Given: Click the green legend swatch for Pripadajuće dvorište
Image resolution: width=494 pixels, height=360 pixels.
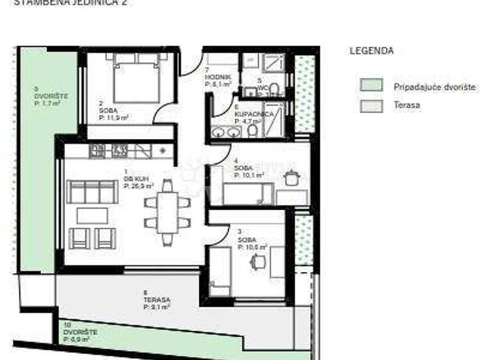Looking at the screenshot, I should tap(371, 85).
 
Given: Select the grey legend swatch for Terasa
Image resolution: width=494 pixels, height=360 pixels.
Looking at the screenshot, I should tap(371, 106).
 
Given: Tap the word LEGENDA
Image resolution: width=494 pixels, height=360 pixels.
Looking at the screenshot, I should tap(372, 51).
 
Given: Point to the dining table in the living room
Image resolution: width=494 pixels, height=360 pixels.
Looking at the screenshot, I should tap(167, 212).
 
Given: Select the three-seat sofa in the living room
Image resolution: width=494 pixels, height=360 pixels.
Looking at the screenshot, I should tap(93, 192).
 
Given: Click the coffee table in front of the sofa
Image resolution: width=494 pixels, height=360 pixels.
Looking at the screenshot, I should tap(93, 215).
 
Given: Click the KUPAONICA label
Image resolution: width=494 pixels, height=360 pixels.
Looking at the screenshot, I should tap(248, 114).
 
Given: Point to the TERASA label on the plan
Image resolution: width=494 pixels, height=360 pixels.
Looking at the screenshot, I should tap(156, 300).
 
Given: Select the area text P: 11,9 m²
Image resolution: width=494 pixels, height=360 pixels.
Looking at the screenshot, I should tap(114, 117).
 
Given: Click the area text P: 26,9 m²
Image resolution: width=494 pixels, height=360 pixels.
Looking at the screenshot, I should tap(139, 186).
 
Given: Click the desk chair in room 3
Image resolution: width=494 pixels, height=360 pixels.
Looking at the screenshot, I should tap(259, 262).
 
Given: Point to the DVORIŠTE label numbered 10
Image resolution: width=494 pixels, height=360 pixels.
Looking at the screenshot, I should tap(80, 332).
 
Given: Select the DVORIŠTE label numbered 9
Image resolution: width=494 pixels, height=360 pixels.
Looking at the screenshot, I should tap(51, 96).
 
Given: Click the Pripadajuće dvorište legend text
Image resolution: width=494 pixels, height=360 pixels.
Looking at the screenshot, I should tap(435, 87).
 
